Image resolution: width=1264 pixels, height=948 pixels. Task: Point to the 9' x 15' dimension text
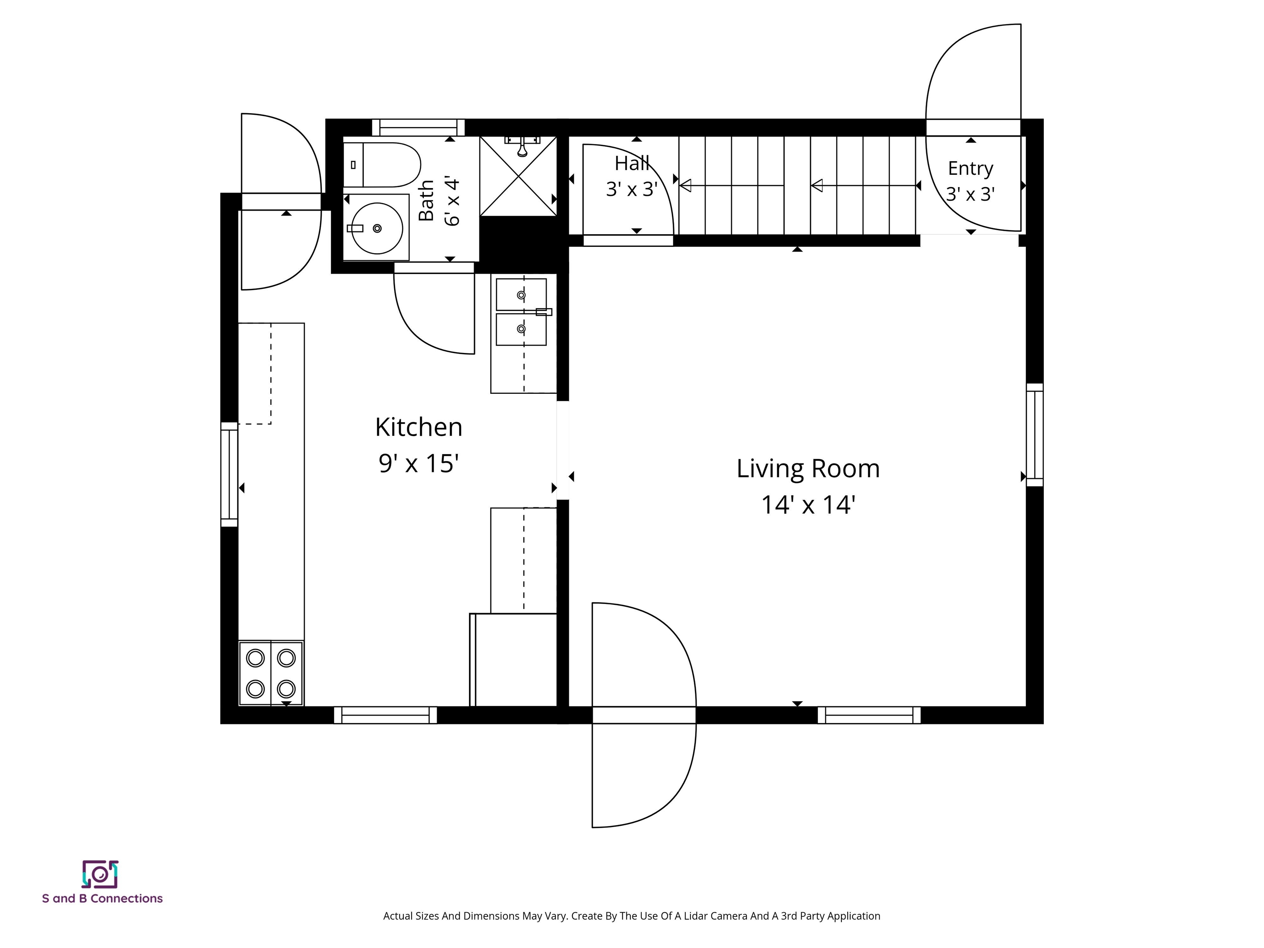click(418, 463)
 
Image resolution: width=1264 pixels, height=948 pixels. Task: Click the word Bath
click(426, 200)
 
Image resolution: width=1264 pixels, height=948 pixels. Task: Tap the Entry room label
click(970, 169)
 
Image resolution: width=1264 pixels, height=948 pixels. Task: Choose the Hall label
click(632, 163)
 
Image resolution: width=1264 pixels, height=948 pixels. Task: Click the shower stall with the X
click(518, 176)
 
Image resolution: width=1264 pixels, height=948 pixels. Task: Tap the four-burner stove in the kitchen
click(271, 673)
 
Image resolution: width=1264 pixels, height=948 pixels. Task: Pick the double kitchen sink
click(521, 312)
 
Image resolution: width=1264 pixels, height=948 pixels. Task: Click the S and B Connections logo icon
click(100, 874)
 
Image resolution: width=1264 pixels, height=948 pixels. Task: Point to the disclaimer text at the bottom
click(632, 916)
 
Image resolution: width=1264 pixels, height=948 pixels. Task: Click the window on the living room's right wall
click(1035, 435)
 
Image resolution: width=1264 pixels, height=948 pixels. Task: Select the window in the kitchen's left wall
click(229, 474)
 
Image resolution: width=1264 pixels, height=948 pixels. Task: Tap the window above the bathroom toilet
click(418, 128)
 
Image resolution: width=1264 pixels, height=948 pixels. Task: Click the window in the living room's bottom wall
click(869, 715)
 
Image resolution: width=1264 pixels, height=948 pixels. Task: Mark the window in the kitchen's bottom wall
click(386, 715)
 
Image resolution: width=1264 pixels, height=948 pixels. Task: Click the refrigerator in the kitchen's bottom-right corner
click(513, 660)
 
